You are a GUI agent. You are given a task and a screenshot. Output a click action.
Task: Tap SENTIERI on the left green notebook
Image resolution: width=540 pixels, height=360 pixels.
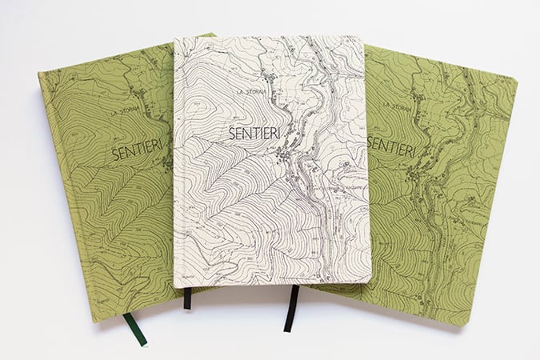[x=138, y=149]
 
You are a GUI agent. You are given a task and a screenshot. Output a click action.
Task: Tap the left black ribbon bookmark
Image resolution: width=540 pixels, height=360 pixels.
[x=187, y=298]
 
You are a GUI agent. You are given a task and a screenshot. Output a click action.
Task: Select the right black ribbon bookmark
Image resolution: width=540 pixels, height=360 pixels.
[x=291, y=307]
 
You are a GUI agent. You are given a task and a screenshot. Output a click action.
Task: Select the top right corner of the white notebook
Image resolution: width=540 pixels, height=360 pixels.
[x=362, y=38]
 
